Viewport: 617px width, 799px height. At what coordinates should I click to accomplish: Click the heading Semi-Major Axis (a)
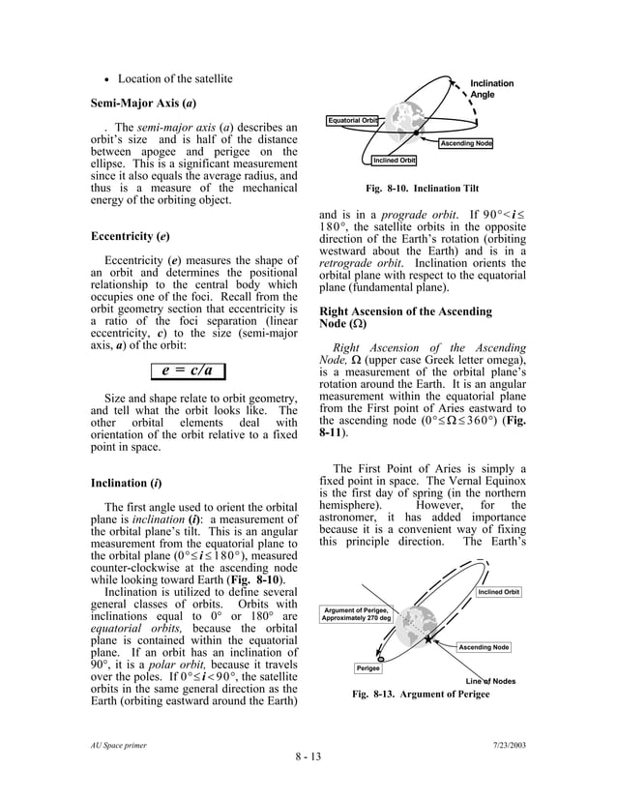tap(144, 102)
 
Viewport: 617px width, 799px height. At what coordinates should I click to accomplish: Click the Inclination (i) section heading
tap(126, 482)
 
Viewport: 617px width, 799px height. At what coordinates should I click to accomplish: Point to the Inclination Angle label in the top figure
tap(491, 89)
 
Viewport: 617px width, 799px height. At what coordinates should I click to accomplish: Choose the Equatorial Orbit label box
tap(353, 120)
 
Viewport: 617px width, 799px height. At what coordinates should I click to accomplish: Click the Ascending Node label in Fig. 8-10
tap(466, 144)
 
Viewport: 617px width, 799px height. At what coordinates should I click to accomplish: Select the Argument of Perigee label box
tap(357, 615)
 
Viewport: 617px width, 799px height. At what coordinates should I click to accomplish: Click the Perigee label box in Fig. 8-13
tap(367, 668)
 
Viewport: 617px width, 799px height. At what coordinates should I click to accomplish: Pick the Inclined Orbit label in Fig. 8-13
tap(499, 592)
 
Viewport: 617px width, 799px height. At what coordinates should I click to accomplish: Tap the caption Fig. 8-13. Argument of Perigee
tap(419, 695)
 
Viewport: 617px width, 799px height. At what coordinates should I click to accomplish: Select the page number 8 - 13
tap(308, 755)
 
